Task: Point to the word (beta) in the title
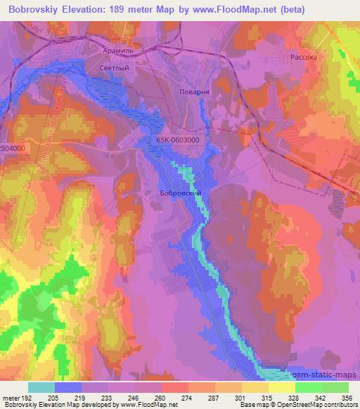(x=336, y=9)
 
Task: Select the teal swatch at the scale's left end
(x=41, y=387)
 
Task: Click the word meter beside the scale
(x=11, y=398)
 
